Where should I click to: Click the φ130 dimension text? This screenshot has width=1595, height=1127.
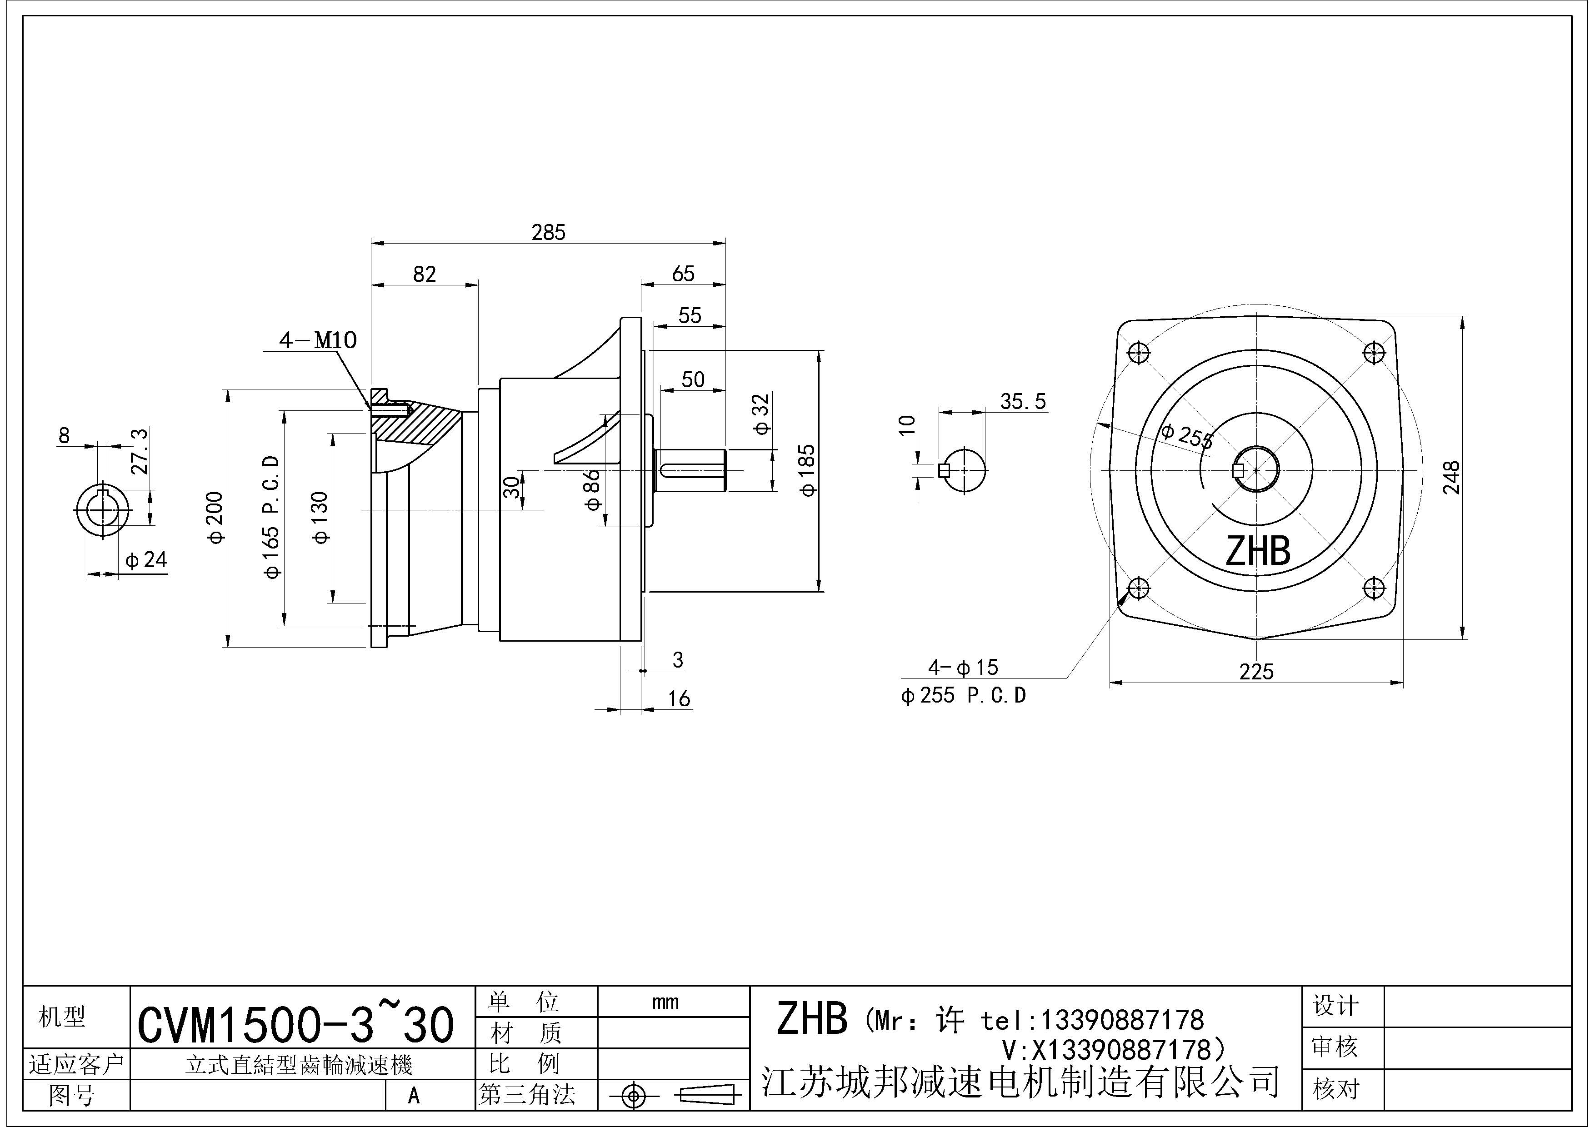(x=320, y=517)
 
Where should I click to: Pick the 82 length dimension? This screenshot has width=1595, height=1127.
(x=425, y=274)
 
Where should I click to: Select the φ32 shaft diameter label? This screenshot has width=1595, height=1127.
(x=762, y=414)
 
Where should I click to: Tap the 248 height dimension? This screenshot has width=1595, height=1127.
(x=1451, y=477)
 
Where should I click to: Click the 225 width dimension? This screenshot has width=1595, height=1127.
(x=1256, y=672)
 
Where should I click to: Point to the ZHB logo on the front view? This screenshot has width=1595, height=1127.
(x=1257, y=551)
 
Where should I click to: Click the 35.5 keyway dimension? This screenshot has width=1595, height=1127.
(x=1023, y=401)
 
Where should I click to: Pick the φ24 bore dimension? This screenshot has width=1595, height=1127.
(x=146, y=560)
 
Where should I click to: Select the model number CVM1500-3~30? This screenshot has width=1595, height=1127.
(x=296, y=1025)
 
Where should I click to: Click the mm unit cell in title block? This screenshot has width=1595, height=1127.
(x=665, y=1002)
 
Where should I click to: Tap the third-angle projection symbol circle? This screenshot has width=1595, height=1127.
(x=632, y=1096)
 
